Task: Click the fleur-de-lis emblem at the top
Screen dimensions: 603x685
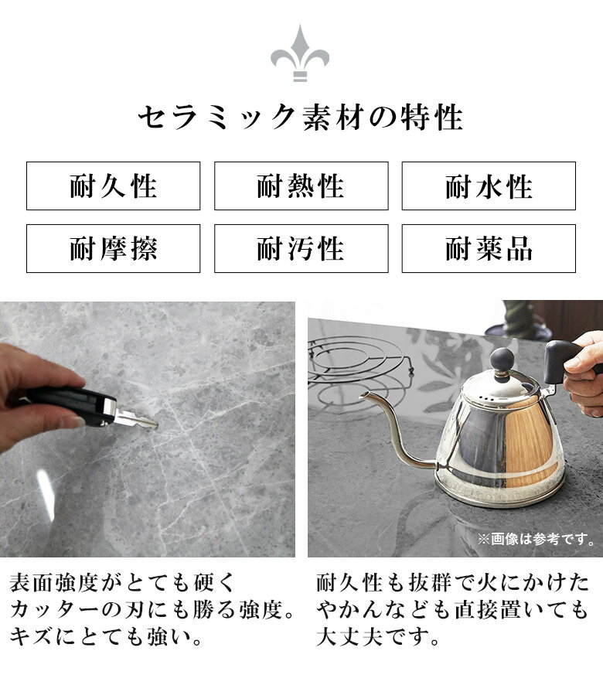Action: [300, 53]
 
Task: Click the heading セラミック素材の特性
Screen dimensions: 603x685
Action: [301, 117]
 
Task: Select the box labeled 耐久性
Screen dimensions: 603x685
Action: [113, 186]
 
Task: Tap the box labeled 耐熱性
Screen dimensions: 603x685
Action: [301, 186]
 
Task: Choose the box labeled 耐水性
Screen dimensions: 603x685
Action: [489, 186]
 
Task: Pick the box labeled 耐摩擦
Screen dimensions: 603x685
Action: [113, 248]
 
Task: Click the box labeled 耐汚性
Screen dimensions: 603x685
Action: [301, 248]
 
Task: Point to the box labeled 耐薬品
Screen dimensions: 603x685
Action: [489, 248]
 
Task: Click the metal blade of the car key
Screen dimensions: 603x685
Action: [136, 419]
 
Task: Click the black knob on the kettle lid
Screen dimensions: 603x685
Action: [502, 360]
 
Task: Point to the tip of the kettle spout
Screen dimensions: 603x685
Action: [362, 397]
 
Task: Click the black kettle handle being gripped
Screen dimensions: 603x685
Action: [564, 361]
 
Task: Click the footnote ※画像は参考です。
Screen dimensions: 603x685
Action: [537, 539]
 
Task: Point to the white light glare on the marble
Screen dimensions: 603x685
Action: [46, 495]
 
